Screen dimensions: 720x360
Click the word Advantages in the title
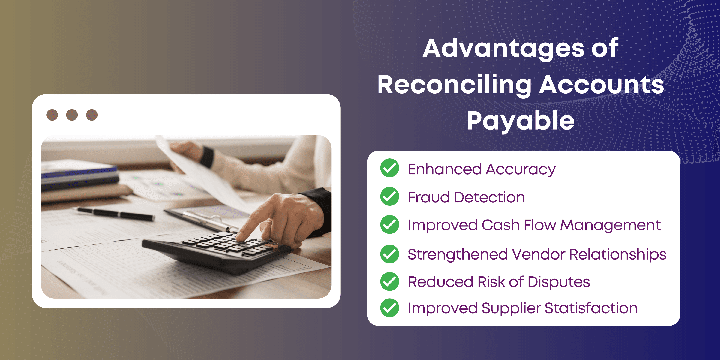[x=503, y=49]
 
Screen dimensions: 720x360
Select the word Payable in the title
[x=521, y=121]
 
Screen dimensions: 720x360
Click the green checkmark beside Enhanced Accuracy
[x=390, y=168]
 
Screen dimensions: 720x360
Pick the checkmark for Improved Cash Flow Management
[x=390, y=224]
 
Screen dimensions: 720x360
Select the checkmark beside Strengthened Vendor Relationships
[x=390, y=254]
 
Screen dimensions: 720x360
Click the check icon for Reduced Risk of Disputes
[x=390, y=281]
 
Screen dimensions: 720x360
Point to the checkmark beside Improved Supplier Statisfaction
[x=390, y=308]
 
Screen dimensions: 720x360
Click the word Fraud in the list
[x=429, y=197]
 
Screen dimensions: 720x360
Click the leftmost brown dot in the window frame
[x=52, y=115]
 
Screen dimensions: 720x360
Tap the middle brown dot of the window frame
[x=72, y=115]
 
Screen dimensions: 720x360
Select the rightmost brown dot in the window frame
[x=92, y=115]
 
